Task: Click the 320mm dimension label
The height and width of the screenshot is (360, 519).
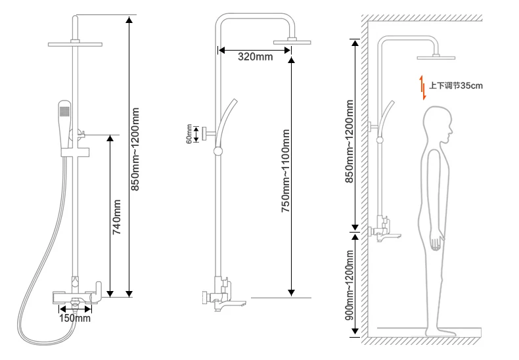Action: [255, 56]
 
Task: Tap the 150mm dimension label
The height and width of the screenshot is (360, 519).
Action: [75, 319]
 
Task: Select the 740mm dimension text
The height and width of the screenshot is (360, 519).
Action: [116, 217]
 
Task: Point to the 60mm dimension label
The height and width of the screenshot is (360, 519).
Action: [189, 134]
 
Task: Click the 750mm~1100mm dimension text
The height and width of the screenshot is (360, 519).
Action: [285, 171]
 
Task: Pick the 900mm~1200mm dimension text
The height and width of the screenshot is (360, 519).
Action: [350, 285]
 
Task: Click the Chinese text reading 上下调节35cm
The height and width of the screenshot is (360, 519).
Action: [456, 85]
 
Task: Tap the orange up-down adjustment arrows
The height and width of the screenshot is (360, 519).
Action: [422, 87]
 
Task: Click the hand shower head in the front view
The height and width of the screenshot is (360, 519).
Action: [64, 123]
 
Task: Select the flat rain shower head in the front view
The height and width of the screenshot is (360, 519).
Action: [75, 44]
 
